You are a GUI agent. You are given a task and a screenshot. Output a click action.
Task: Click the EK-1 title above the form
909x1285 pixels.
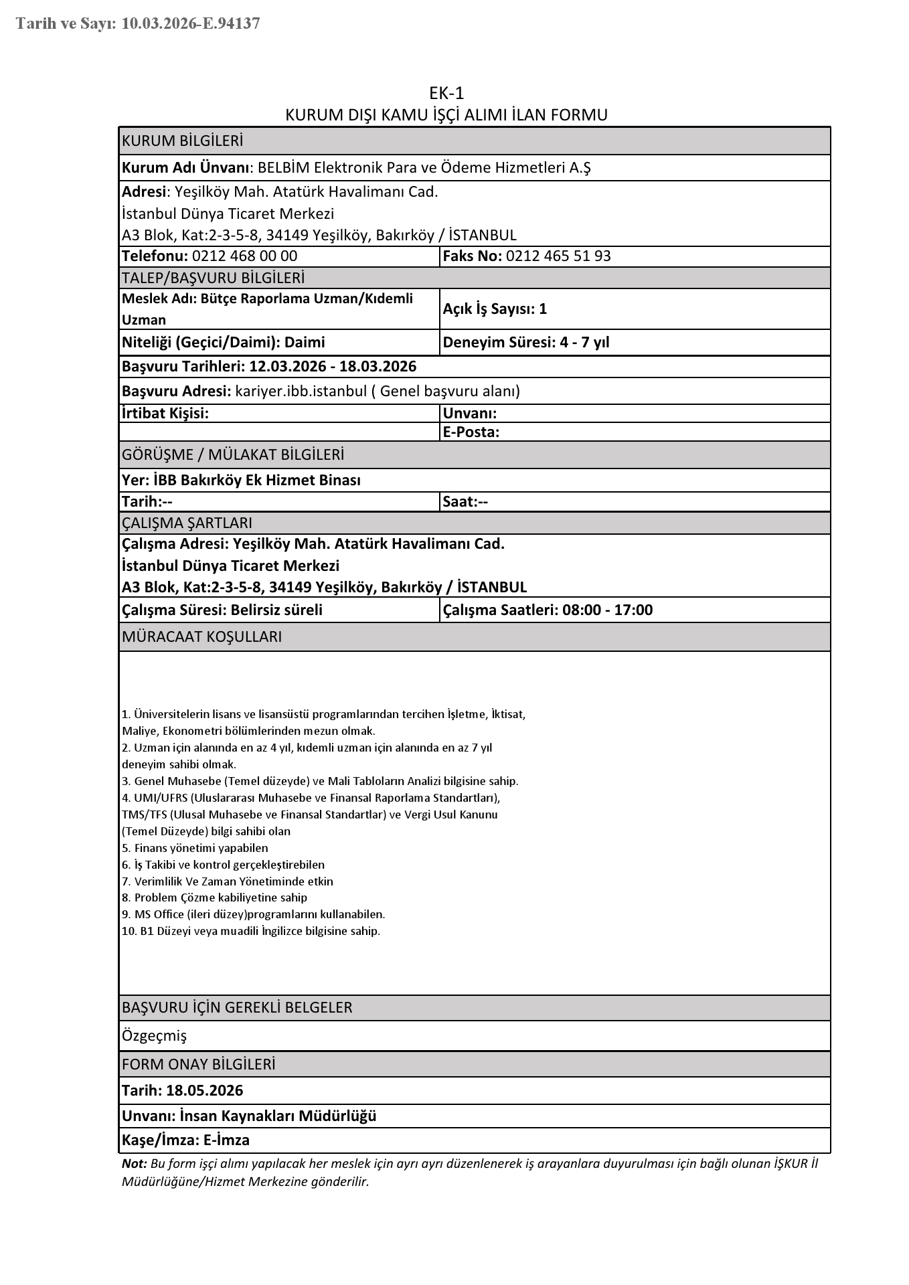coord(446,93)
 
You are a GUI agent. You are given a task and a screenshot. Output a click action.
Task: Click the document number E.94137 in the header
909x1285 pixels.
coord(232,24)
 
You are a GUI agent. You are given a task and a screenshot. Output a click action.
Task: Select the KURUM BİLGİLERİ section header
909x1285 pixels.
coord(182,141)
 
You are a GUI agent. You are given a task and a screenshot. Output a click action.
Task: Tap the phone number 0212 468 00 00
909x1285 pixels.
coord(244,256)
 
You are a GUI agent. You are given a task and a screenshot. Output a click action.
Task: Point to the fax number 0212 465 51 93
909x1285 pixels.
coord(558,256)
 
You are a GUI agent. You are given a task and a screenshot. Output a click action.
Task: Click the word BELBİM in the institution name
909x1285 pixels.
coord(284,168)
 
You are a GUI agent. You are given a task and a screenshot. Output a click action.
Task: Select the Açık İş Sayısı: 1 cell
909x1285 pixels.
coord(495,309)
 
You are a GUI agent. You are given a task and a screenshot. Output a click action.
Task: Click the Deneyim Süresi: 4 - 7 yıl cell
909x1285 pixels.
coord(526,343)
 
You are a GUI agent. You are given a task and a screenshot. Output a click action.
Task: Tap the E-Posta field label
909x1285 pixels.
coord(471,432)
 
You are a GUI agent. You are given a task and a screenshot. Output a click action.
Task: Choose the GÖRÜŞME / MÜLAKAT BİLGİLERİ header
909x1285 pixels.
coord(233,455)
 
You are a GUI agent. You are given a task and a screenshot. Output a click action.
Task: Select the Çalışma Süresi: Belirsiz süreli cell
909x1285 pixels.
coord(222,610)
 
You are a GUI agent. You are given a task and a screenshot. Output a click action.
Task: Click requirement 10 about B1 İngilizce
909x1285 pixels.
coord(251,931)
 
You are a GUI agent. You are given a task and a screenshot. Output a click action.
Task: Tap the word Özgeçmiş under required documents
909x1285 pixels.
coord(154,1036)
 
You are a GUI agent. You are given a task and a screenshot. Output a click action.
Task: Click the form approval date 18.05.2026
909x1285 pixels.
coord(205,1090)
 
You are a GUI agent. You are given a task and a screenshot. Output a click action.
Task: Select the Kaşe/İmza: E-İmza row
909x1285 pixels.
coord(185,1140)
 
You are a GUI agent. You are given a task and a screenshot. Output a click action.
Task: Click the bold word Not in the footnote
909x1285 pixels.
coord(133,1163)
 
